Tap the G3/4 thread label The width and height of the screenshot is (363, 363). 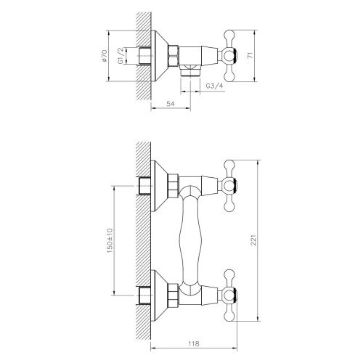click(x=214, y=86)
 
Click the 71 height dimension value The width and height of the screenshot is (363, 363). click(x=250, y=54)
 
